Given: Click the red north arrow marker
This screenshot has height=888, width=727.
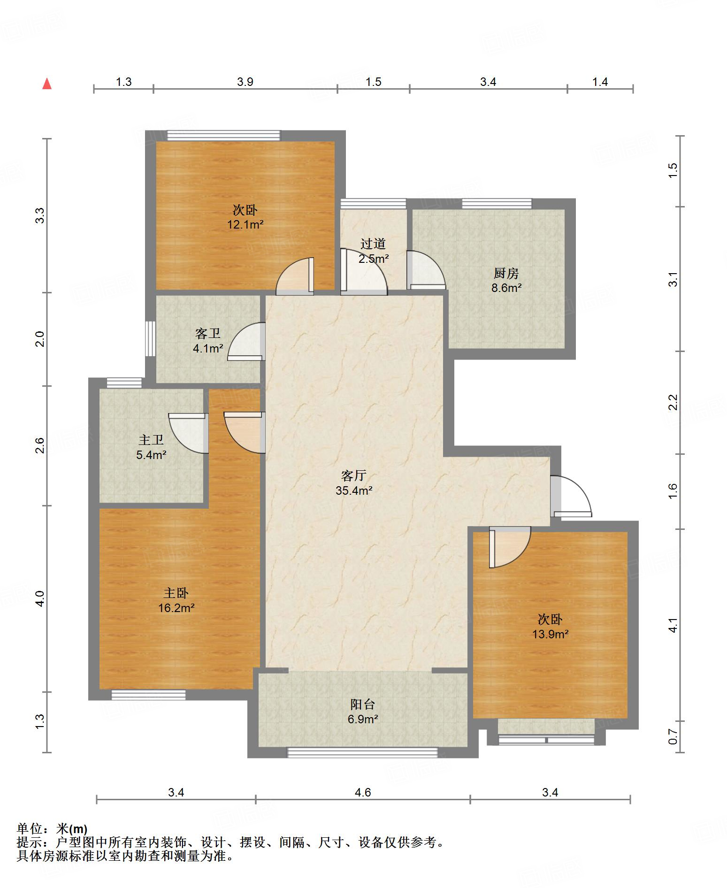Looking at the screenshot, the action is [47, 84].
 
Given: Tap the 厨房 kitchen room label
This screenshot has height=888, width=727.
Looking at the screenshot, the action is [506, 273].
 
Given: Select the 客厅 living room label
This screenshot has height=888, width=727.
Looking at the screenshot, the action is [353, 475].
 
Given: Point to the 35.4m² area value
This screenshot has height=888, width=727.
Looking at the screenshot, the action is [354, 490].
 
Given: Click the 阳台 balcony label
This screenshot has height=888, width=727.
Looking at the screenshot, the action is [363, 704].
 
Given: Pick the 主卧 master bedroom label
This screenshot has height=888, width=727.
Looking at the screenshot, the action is [176, 593].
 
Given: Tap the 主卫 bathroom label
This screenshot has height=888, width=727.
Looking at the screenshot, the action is [151, 440].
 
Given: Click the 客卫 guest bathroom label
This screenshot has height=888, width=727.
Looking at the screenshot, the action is [208, 334].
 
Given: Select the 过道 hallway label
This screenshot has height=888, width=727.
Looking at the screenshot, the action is [373, 244].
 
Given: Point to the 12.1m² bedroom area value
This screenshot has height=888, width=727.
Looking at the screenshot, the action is [245, 224].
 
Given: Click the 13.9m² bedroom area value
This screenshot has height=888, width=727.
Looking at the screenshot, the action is [550, 634].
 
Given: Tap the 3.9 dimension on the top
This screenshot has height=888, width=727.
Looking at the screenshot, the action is [245, 82].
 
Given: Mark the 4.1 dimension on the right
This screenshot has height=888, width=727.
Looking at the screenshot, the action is [673, 625].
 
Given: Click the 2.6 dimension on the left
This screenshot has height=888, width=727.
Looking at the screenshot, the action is [40, 445].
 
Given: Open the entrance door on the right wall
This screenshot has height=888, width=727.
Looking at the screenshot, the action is [571, 497].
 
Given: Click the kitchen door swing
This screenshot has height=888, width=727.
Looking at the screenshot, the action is [426, 269].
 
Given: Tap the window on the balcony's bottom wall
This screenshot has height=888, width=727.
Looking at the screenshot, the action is [362, 752].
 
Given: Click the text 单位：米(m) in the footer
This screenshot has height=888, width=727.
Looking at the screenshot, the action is [52, 829].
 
